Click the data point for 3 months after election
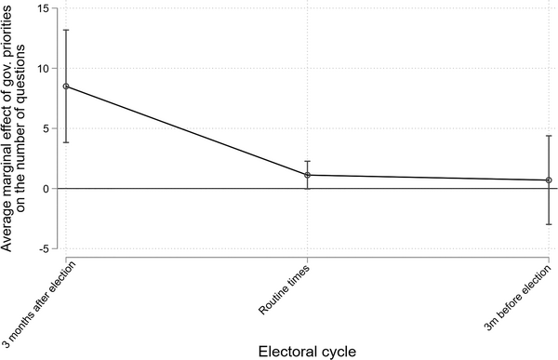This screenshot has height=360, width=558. point(66,87)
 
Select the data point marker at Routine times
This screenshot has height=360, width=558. point(308,175)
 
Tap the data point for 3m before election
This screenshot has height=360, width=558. point(549,180)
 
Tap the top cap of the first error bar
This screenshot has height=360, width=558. point(66,30)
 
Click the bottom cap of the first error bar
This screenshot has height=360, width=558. point(66,142)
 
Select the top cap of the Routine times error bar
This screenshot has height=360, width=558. point(308,161)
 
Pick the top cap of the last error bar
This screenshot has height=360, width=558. point(549,136)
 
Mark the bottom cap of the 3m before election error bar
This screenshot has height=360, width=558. point(549,224)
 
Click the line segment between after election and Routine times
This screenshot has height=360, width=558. point(186,130)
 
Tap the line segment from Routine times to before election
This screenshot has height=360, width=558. point(428,178)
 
